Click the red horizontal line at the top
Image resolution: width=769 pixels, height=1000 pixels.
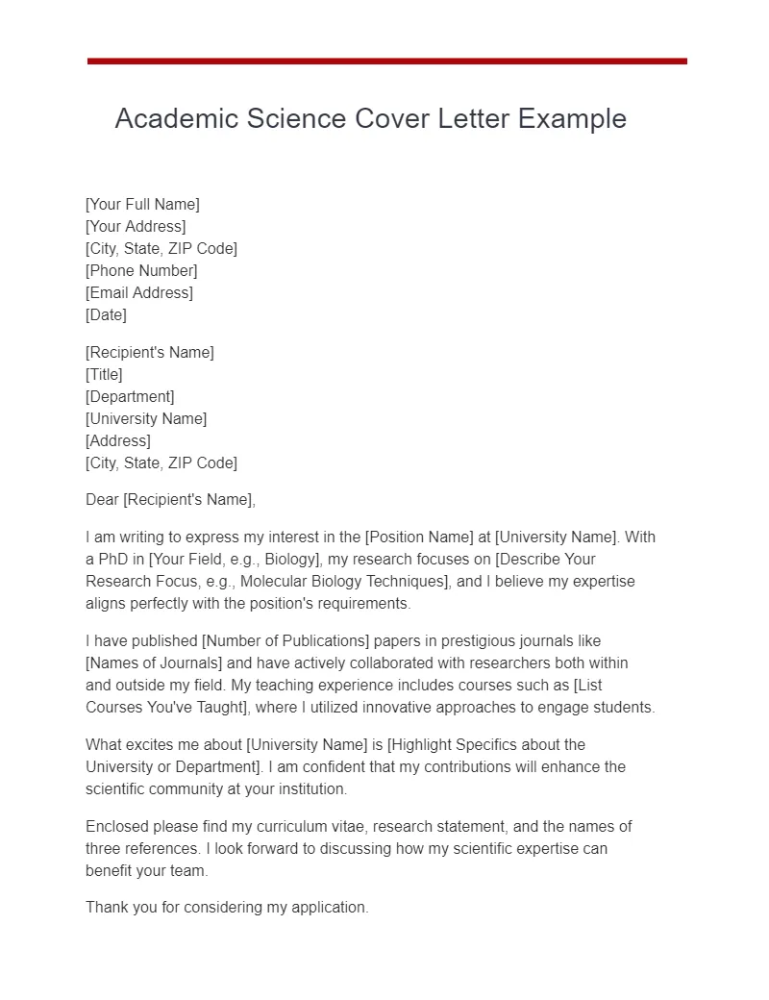pyautogui.click(x=386, y=62)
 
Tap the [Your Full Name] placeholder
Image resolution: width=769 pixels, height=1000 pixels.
pyautogui.click(x=142, y=204)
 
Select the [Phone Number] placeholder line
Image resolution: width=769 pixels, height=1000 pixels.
pyautogui.click(x=141, y=270)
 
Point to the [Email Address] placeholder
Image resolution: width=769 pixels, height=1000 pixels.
pyautogui.click(x=139, y=292)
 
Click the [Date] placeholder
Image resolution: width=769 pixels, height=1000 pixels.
pyautogui.click(x=106, y=314)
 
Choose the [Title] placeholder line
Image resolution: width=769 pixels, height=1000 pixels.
pyautogui.click(x=104, y=374)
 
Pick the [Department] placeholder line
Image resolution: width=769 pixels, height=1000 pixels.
pyautogui.click(x=130, y=396)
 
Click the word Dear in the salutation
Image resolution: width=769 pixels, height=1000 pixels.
pyautogui.click(x=102, y=499)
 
